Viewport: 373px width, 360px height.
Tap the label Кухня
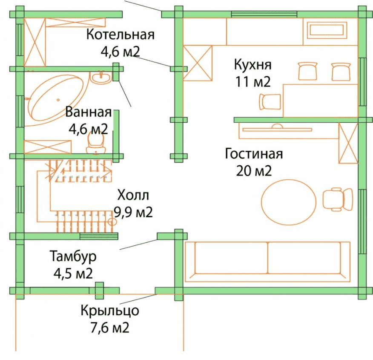(252, 65)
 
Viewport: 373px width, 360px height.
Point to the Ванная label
(88, 112)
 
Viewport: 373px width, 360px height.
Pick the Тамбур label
(73, 257)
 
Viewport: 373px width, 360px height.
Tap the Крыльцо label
(109, 311)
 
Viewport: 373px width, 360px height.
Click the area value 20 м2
(254, 171)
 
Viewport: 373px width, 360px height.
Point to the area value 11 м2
(253, 82)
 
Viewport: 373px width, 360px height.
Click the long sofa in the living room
(268, 259)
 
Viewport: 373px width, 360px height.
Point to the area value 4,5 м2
(73, 273)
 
